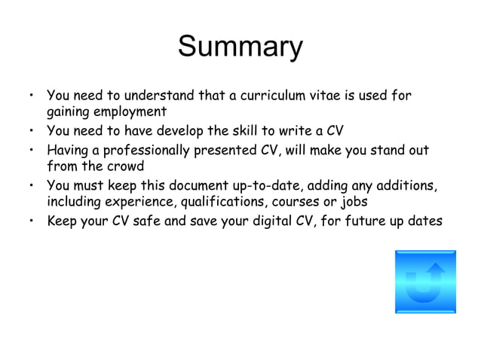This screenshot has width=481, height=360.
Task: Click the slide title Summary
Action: pyautogui.click(x=240, y=47)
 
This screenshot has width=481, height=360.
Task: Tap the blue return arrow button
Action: pyautogui.click(x=425, y=282)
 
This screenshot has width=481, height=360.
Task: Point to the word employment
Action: pyautogui.click(x=129, y=113)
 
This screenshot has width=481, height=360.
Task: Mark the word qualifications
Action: pyautogui.click(x=207, y=201)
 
